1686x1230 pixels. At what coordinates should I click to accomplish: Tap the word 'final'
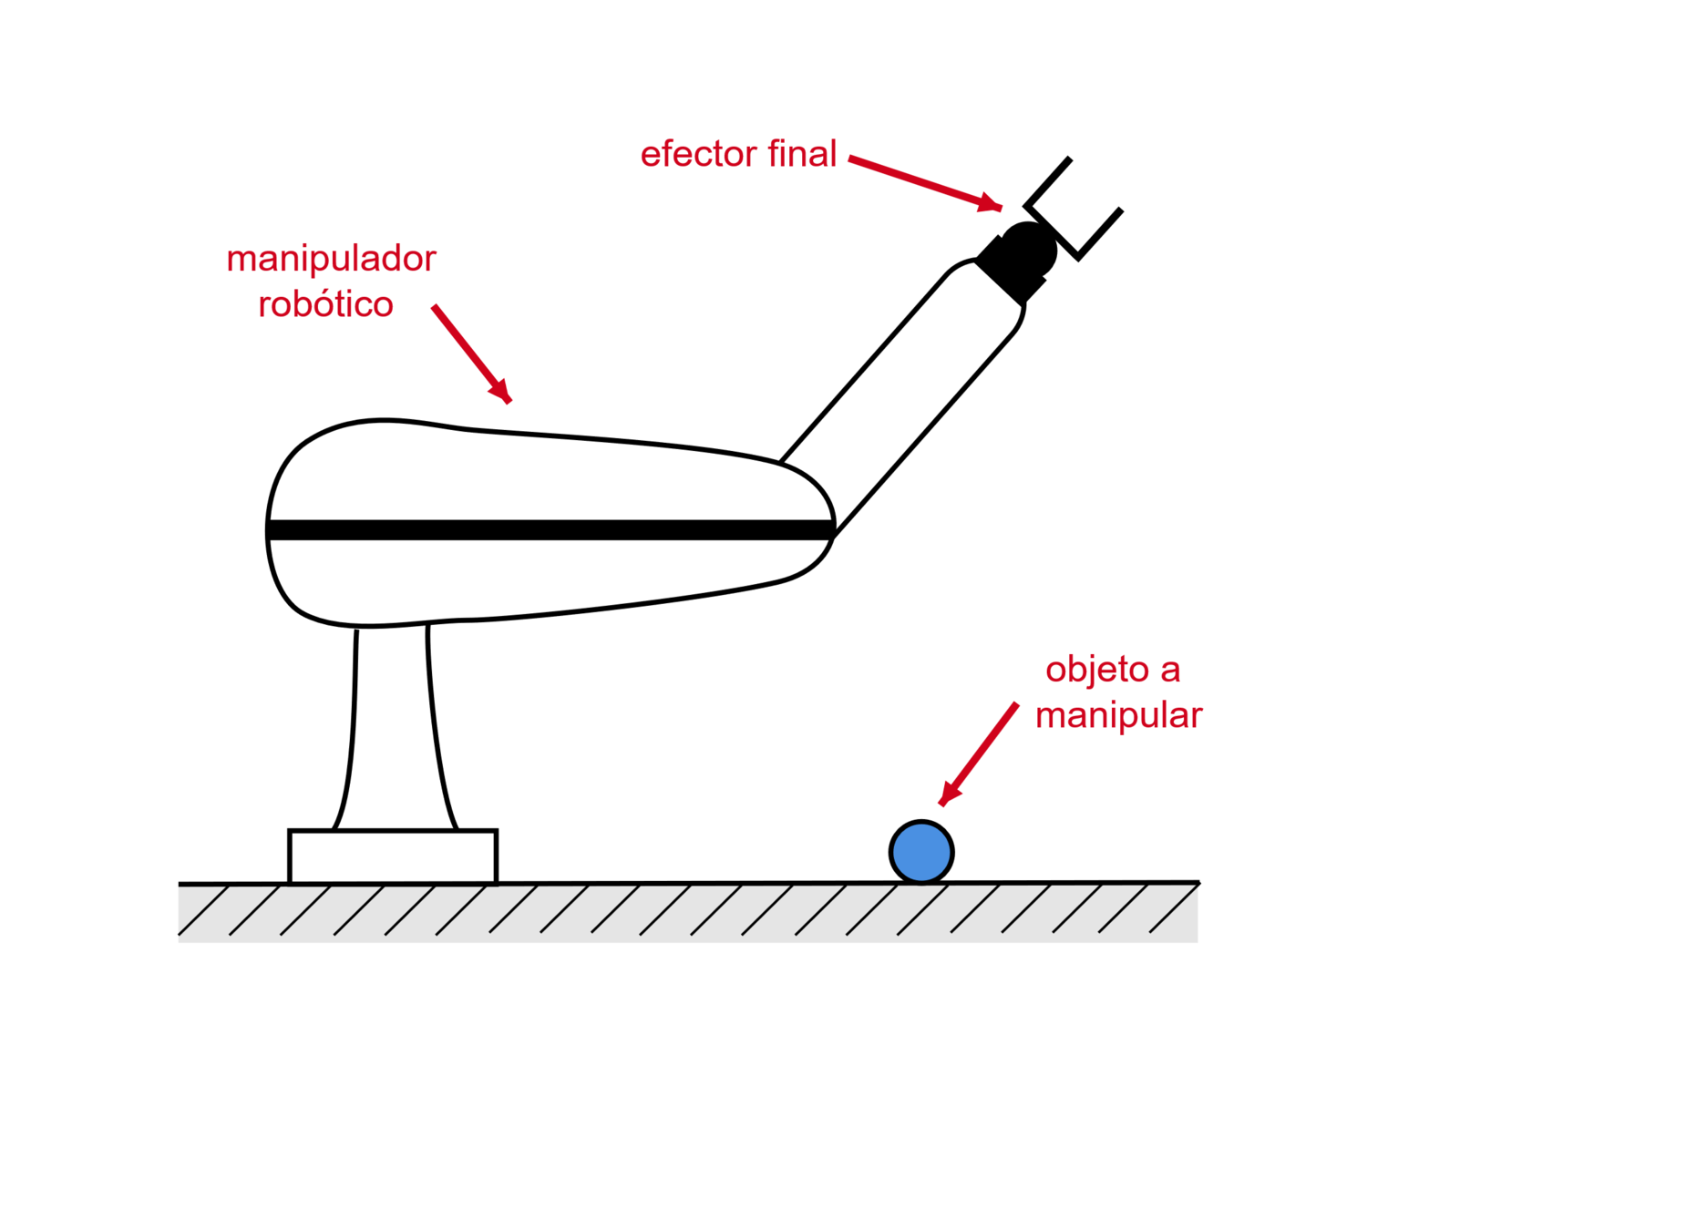click(x=802, y=154)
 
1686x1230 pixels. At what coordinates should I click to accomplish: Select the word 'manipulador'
click(x=332, y=260)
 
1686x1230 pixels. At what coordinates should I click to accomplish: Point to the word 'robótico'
click(x=325, y=304)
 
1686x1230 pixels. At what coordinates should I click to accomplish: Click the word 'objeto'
click(x=1097, y=670)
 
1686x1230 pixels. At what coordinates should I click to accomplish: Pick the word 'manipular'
click(x=1119, y=715)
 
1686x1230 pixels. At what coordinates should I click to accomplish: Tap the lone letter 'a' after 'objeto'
click(x=1170, y=671)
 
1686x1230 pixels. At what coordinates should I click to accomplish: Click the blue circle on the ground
click(x=921, y=853)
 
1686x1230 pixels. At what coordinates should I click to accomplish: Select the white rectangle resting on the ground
click(x=393, y=856)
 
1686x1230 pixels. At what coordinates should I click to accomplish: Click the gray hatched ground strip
click(x=687, y=915)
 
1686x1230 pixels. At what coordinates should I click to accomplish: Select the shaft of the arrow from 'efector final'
click(x=911, y=178)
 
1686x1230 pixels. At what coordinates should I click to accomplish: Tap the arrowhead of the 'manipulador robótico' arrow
click(x=502, y=392)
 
